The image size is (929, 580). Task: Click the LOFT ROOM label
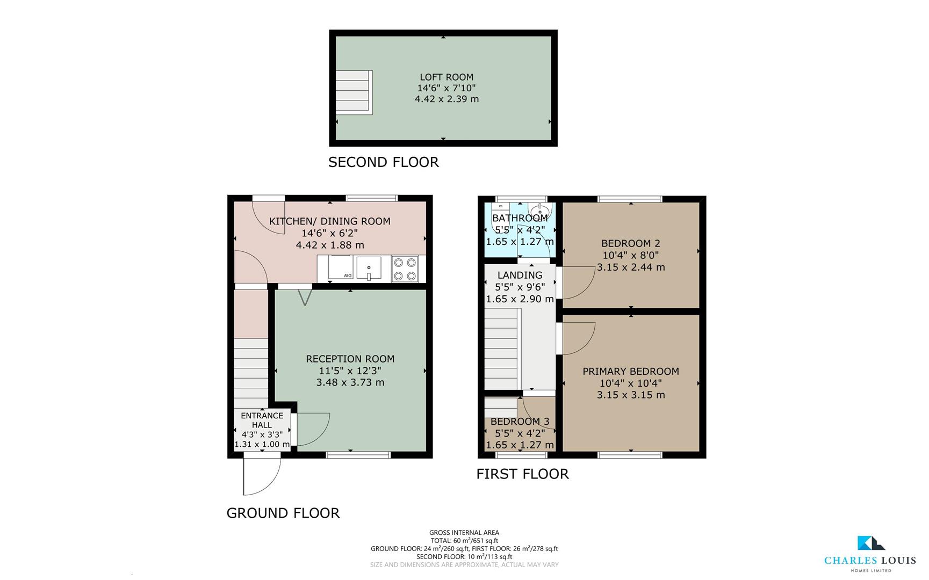(447, 77)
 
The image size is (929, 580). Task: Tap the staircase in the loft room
(354, 92)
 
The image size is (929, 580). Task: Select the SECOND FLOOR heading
(383, 162)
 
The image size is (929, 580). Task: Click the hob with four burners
(405, 269)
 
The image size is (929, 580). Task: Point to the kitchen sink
(369, 268)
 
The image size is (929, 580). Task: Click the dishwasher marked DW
(341, 268)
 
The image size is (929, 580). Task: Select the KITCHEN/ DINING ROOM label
(329, 221)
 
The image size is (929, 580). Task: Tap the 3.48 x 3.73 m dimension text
(350, 382)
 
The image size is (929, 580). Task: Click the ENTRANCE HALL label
(262, 420)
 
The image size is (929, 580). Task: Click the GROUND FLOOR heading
(283, 513)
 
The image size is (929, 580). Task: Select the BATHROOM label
(520, 218)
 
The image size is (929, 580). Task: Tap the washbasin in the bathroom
(539, 209)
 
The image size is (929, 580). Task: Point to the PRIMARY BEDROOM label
(630, 371)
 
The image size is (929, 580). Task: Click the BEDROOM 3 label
(520, 422)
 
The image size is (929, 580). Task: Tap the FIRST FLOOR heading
(522, 474)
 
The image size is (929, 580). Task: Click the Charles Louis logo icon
(870, 543)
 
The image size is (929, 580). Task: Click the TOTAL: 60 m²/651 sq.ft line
(464, 541)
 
